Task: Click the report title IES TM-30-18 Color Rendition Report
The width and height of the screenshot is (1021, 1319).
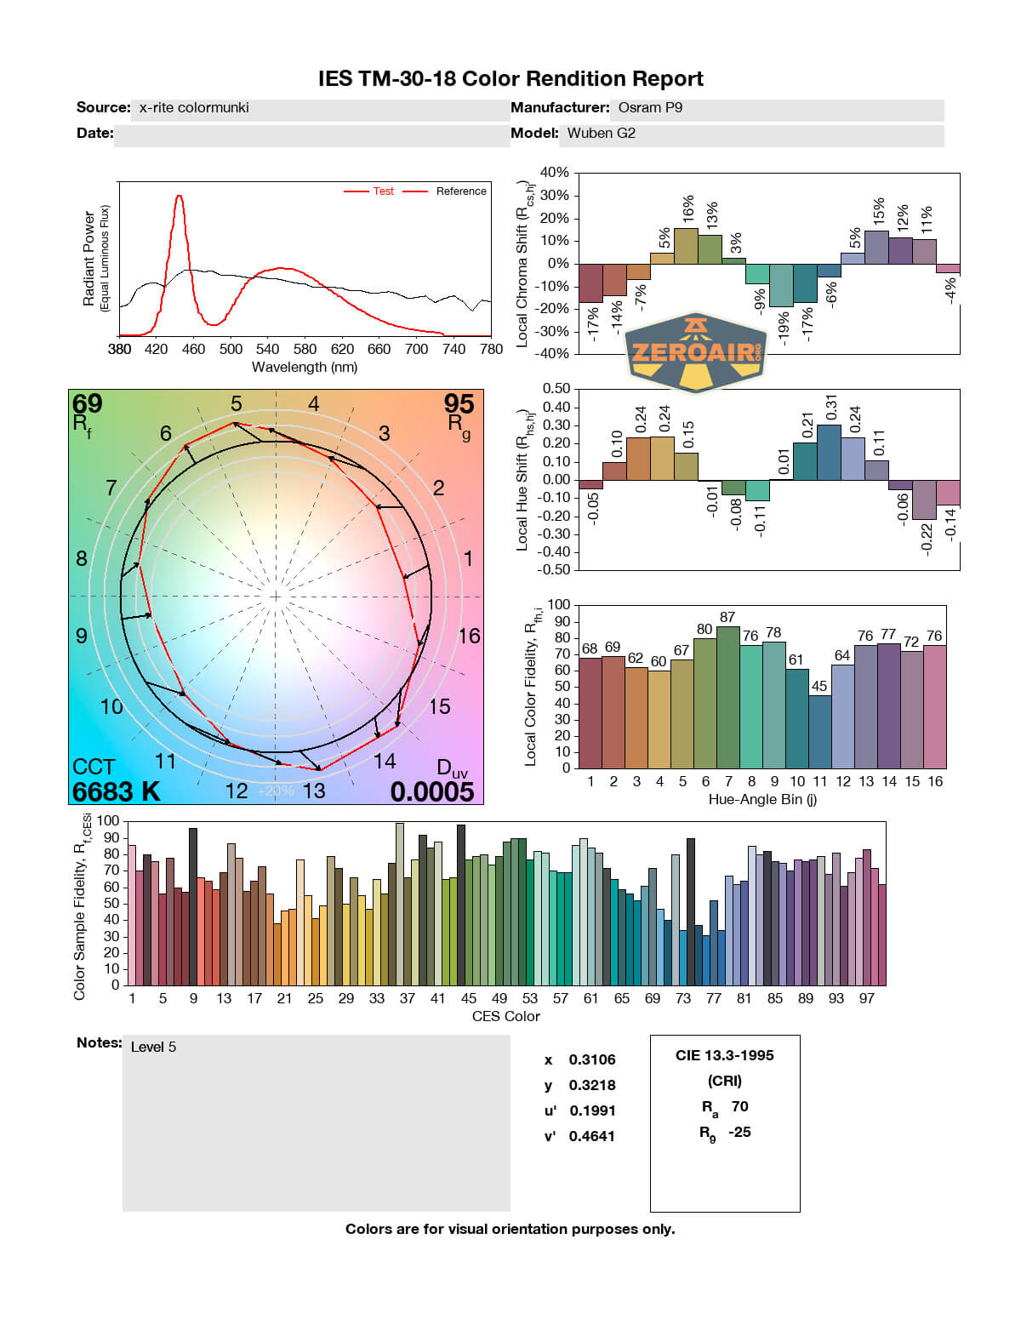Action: (510, 79)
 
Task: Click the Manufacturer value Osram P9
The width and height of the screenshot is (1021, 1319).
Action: (650, 108)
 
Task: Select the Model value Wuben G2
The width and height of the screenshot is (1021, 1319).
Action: (601, 134)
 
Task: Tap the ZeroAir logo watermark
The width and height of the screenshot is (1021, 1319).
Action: (695, 352)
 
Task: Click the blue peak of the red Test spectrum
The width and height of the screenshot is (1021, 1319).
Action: (179, 196)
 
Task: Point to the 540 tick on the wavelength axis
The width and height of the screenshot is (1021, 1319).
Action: (267, 349)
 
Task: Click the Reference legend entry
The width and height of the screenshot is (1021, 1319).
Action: (445, 191)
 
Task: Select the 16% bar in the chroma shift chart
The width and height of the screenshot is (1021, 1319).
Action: (686, 246)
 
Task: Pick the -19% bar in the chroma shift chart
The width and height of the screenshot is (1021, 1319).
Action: (781, 285)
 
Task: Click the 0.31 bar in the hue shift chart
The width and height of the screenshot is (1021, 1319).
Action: (829, 452)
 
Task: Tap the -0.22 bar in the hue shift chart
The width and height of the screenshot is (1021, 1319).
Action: (924, 500)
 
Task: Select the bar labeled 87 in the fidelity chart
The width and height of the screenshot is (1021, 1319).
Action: (727, 698)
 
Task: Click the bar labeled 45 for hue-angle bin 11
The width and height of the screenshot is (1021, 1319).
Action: (819, 732)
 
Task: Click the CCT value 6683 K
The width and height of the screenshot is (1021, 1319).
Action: (116, 791)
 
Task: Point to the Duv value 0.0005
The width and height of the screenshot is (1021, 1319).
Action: (432, 791)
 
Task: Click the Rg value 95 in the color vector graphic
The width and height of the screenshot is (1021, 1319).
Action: (459, 404)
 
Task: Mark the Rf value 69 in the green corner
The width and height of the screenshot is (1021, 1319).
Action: (88, 404)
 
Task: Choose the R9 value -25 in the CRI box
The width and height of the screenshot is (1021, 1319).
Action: (739, 1133)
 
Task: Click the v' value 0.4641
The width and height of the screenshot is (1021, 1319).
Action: (591, 1136)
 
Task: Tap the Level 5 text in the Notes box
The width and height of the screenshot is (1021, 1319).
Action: (153, 1047)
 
